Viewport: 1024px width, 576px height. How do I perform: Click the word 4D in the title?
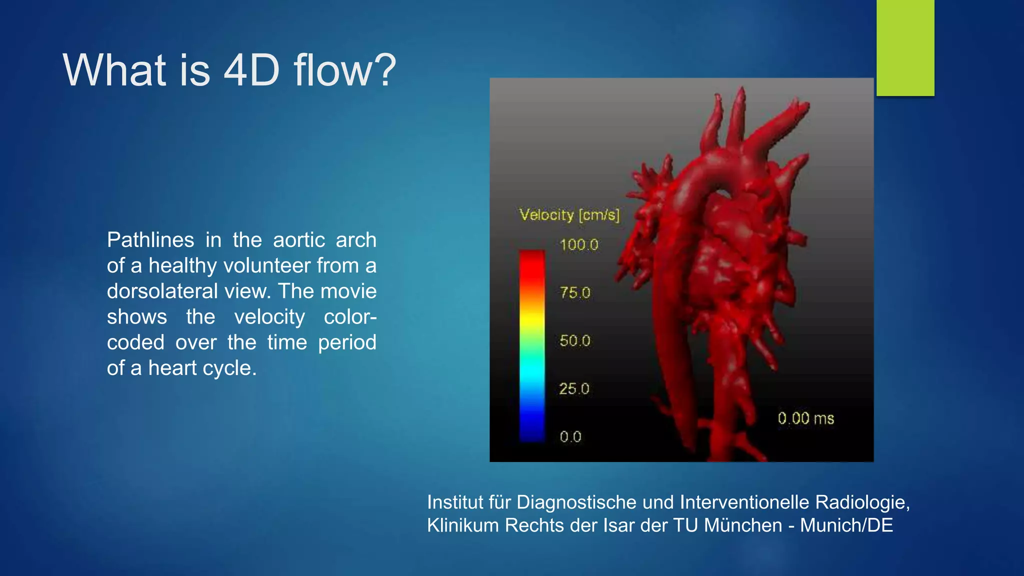click(x=251, y=70)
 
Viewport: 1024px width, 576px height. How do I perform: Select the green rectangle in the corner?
click(x=905, y=47)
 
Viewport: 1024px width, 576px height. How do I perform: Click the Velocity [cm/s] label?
click(x=569, y=215)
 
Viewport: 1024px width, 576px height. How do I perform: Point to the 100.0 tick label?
click(x=578, y=245)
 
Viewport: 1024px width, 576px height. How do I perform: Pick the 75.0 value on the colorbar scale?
click(x=575, y=293)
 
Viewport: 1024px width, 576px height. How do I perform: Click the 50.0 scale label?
click(x=575, y=341)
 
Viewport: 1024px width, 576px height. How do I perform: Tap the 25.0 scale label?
click(x=574, y=389)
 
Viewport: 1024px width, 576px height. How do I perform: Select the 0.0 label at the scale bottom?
click(x=570, y=437)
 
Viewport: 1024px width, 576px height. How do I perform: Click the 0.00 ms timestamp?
click(x=805, y=418)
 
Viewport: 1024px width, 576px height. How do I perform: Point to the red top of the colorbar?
click(x=532, y=260)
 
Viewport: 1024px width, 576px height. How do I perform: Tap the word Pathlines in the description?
click(x=150, y=240)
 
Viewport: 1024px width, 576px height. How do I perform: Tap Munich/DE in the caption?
click(x=846, y=525)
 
